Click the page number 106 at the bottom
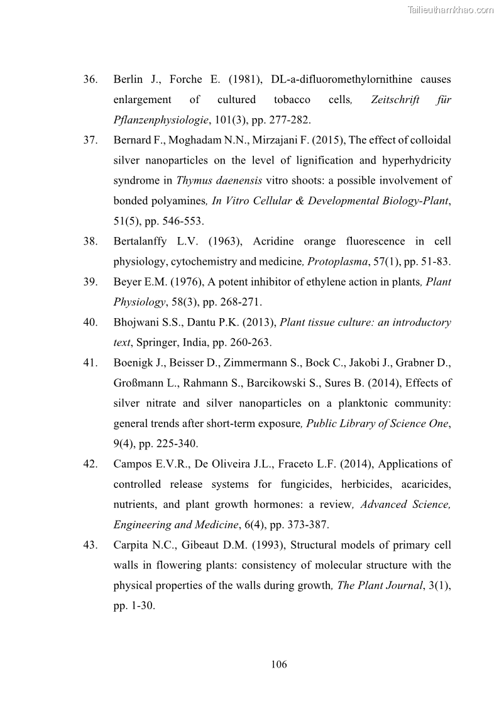279,664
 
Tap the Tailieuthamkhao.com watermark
451,10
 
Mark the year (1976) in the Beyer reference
190,282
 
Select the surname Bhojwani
136,323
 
